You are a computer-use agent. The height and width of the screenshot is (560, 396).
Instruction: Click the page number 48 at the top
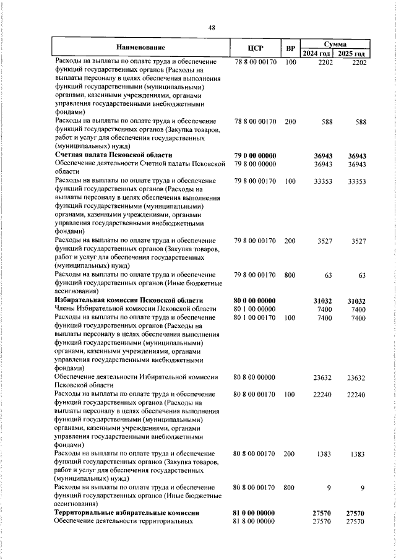[x=212, y=27]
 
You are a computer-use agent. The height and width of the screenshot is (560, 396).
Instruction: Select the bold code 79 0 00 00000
[x=255, y=155]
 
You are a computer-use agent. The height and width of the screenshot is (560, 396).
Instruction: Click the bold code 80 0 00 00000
[x=255, y=299]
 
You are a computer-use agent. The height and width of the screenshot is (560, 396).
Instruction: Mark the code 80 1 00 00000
[x=255, y=308]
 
